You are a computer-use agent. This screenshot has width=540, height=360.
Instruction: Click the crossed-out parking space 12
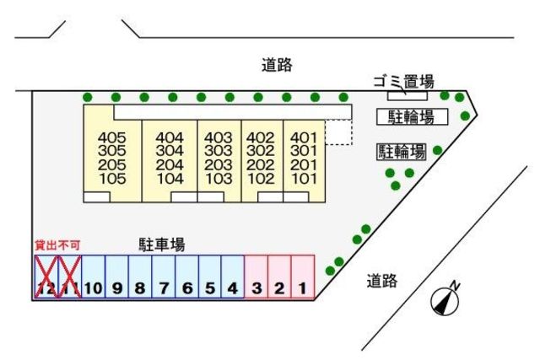coord(46,277)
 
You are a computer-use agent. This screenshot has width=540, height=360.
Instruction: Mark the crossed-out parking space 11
coord(69,277)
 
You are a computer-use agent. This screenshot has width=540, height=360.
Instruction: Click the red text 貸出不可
coord(57,244)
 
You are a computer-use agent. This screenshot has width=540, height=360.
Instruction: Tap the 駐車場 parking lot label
coord(162,244)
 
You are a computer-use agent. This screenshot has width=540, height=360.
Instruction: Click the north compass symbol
coord(445,300)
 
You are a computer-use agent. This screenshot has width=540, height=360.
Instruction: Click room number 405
coord(111,137)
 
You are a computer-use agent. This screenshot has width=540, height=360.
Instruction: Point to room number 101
coord(303,179)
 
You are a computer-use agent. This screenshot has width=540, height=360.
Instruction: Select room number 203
coord(219,165)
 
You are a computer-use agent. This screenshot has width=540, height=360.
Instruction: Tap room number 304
coord(170,151)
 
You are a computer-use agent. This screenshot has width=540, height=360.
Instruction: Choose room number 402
coord(260,137)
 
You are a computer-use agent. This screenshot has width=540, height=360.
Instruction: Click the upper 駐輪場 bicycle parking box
coord(412,116)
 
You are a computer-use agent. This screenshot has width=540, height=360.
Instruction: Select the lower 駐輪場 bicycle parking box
coord(401,152)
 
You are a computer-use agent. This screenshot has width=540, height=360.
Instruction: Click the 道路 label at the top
coord(277,65)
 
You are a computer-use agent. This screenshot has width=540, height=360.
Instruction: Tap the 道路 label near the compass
coord(382,281)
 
